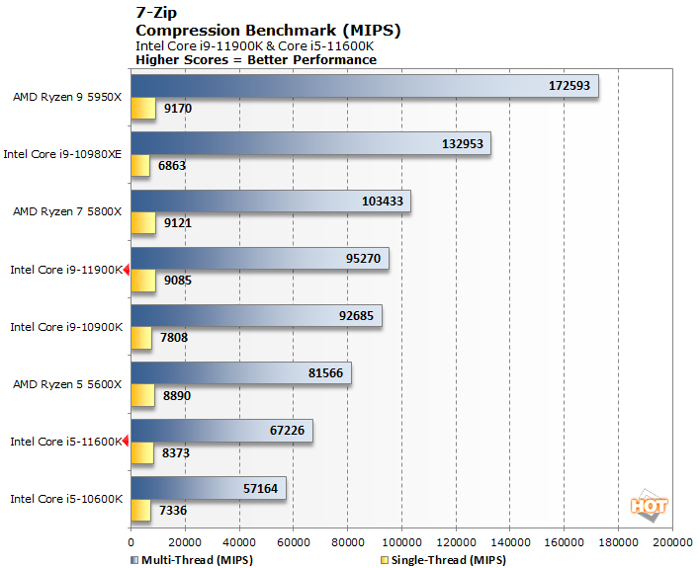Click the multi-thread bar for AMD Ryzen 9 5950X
[x=364, y=87]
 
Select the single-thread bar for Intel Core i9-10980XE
[x=139, y=166]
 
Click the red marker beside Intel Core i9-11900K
[x=127, y=270]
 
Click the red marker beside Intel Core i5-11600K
[x=127, y=442]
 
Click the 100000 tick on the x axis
[x=401, y=541]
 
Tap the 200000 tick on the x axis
[x=672, y=541]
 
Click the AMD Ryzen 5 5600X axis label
[x=67, y=383]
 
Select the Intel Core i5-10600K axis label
[x=65, y=498]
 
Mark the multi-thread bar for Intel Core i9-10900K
[x=256, y=316]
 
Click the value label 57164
[x=260, y=488]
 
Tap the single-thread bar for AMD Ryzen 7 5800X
[x=142, y=223]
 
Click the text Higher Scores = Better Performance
[x=255, y=59]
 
